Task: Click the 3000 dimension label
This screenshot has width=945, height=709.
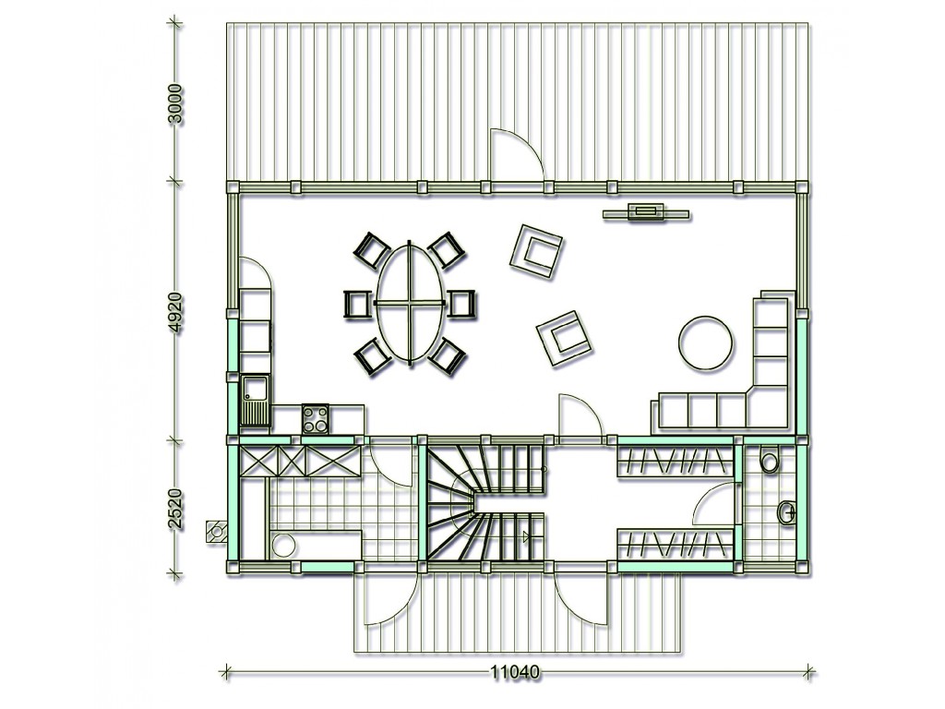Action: [x=174, y=103]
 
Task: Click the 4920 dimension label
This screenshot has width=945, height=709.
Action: [x=174, y=313]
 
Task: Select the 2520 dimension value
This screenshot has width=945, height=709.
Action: [x=174, y=509]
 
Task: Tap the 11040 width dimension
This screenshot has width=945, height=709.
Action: [x=514, y=672]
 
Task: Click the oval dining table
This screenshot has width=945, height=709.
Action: [x=411, y=303]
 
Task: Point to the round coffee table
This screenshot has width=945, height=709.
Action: [x=706, y=343]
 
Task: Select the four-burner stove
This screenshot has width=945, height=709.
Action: [x=316, y=419]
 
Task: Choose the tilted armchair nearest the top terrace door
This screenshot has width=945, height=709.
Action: [x=536, y=251]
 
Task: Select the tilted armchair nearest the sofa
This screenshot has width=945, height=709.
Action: [x=565, y=338]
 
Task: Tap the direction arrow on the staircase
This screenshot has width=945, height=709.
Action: [x=527, y=536]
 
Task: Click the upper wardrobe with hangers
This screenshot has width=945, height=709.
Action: [x=675, y=462]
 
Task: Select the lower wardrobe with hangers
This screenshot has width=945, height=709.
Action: [x=675, y=544]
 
